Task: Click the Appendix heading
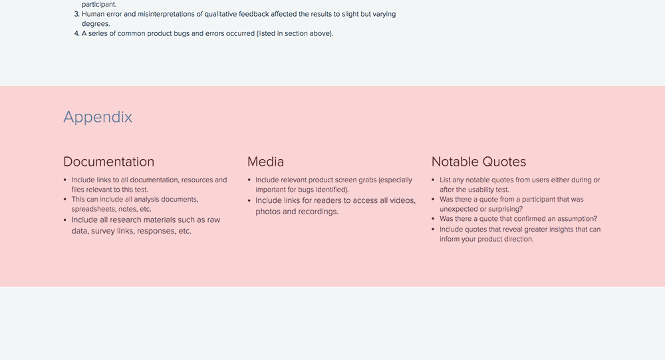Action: [x=98, y=117]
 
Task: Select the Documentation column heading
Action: [x=108, y=162]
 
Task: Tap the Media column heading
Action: [x=265, y=162]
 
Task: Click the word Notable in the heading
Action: [x=455, y=162]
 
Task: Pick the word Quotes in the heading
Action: [x=504, y=162]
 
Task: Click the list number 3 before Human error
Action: [x=76, y=14]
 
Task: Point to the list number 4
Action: [x=76, y=33]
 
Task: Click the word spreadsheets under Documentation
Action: [x=90, y=210]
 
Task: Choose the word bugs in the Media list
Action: [x=306, y=190]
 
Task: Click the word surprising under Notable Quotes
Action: [x=505, y=210]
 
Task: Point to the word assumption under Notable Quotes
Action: [x=579, y=219]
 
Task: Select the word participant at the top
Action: [x=99, y=5]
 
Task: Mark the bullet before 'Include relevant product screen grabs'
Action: [x=249, y=180]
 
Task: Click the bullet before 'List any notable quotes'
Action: [x=433, y=180]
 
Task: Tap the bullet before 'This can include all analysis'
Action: [x=65, y=200]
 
